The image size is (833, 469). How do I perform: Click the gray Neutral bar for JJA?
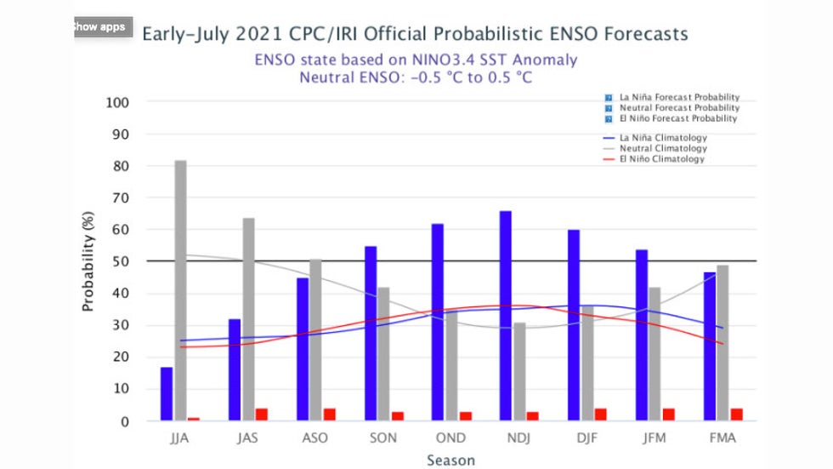point(180,289)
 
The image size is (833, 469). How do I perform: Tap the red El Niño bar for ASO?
point(329,414)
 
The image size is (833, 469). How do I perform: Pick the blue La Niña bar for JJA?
point(167,393)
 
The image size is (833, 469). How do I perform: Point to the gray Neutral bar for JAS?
point(248,318)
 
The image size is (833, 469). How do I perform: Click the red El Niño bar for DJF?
point(601,414)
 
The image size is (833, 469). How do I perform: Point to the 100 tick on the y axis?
point(117,103)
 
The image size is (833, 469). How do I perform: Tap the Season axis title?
point(451,460)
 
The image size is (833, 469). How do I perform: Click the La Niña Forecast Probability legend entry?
point(678,98)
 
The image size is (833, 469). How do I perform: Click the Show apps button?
point(99,26)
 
